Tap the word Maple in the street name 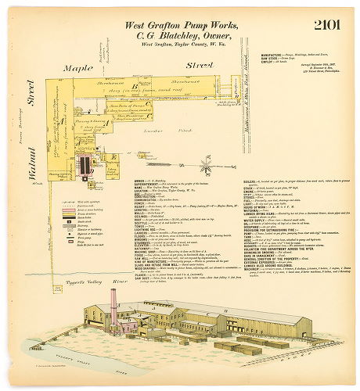click(x=81, y=69)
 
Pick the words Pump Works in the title click(x=203, y=24)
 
